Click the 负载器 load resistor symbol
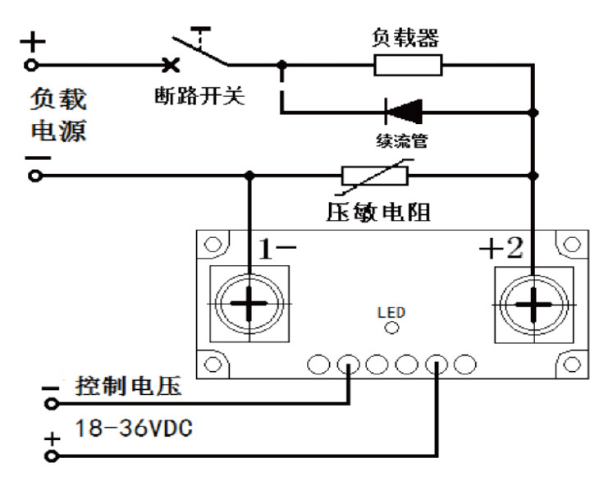point(408,64)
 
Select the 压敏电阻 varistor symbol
point(374,175)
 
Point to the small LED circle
point(392,328)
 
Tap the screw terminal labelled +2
point(533,305)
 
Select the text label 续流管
point(401,140)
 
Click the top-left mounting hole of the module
point(213,245)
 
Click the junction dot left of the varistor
point(248,175)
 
